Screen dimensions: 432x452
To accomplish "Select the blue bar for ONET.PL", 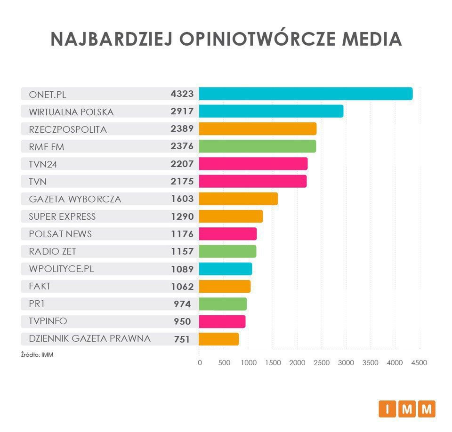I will pos(306,94).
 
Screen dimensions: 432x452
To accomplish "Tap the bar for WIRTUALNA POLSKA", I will pos(271,112).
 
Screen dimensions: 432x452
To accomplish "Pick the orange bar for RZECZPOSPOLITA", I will pos(258,129).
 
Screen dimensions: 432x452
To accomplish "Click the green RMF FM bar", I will pos(257,146).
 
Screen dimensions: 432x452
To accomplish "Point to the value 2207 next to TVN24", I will pos(182,164).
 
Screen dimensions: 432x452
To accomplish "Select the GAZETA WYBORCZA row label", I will pos(75,199).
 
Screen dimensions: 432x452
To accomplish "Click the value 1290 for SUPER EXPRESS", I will pos(182,216).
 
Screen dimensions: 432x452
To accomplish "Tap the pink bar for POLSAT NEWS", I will pos(228,234).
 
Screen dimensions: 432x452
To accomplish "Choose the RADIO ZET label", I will pos(52,251).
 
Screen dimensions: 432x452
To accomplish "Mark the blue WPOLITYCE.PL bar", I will pos(226,269).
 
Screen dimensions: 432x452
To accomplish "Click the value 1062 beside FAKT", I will pos(182,287).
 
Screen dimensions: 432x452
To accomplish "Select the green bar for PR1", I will pos(223,304).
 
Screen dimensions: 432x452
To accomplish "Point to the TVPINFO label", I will pos(48,321).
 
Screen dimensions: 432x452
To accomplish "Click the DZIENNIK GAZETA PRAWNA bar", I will pos(219,339).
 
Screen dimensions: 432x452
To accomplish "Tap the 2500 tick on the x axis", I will pos(322,363).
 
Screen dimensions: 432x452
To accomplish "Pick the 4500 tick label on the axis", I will pos(419,363).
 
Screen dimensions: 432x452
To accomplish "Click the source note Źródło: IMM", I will pos(37,355).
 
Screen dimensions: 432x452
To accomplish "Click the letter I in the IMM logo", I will pos(387,409).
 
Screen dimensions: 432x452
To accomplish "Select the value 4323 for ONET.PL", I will pos(182,94).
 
